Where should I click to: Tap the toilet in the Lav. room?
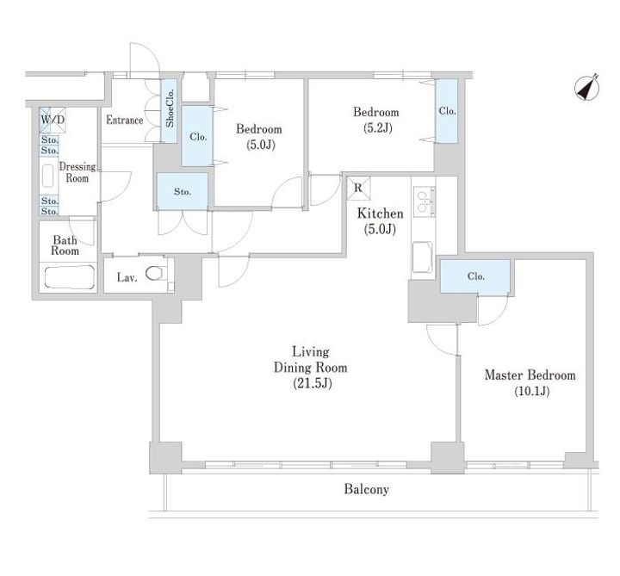[x=154, y=273]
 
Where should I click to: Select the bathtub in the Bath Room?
[x=70, y=276]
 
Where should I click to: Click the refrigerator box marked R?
[x=358, y=189]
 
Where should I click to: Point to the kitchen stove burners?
[x=425, y=201]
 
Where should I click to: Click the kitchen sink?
[x=423, y=257]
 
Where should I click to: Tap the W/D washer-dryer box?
[x=53, y=120]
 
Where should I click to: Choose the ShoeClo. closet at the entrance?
[x=170, y=111]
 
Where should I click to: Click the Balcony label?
[x=366, y=489]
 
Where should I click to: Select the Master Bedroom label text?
[x=530, y=375]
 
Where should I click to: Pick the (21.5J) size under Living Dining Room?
[x=313, y=383]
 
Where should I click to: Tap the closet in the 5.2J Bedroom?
[x=447, y=111]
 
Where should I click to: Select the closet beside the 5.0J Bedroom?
[x=197, y=136]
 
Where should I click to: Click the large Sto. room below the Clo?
[x=183, y=192]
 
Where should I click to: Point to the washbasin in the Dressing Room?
[x=48, y=176]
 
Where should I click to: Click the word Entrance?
[x=125, y=120]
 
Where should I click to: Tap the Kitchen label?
[x=380, y=214]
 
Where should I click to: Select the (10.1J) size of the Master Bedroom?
[x=532, y=392]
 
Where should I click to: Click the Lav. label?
[x=127, y=277]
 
